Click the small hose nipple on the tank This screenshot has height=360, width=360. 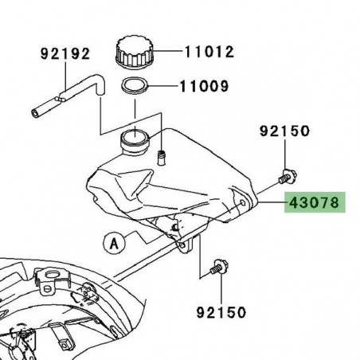pyautogui.click(x=162, y=153)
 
